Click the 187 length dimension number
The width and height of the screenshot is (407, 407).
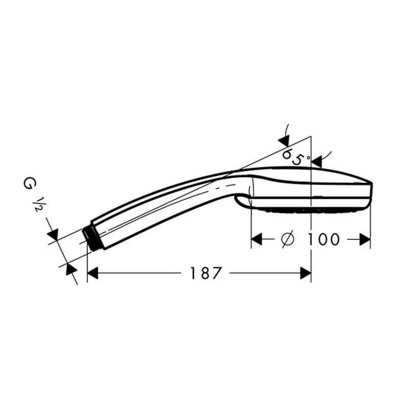(206, 273)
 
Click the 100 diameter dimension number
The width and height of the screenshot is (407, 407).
(323, 239)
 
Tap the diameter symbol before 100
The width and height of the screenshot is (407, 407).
(288, 239)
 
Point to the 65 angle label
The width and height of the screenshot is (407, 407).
(293, 156)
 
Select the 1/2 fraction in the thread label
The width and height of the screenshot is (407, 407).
(37, 205)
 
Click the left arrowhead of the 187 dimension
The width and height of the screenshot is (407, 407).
(93, 273)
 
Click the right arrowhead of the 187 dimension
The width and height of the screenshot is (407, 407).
(306, 273)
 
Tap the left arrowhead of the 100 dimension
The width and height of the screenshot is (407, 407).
(257, 239)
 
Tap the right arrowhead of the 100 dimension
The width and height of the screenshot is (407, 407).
(365, 239)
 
